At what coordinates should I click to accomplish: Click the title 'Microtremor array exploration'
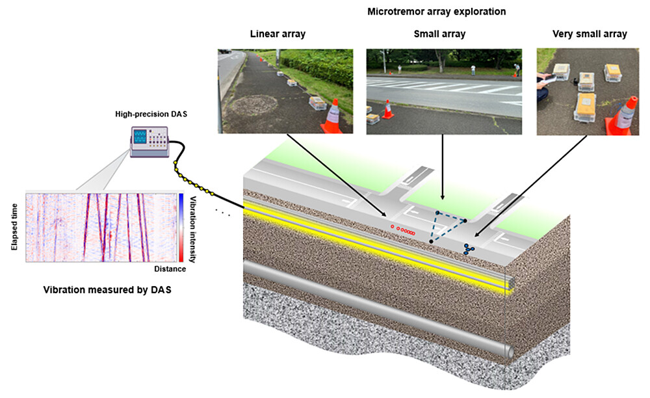437,12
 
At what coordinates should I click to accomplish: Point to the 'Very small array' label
590,34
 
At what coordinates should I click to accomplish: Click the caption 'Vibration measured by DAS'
107,290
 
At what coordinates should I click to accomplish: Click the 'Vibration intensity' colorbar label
193,227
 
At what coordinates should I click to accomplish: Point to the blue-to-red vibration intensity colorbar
181,227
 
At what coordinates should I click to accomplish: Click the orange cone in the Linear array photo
332,117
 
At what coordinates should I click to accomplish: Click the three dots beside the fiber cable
223,212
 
